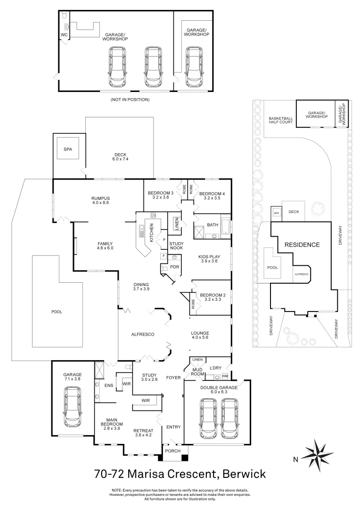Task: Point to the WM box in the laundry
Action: tap(224, 375)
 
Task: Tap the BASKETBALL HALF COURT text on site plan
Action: tap(281, 120)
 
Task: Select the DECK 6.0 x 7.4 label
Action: tap(121, 156)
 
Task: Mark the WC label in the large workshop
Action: tap(64, 35)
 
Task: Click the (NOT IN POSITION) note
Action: tap(130, 99)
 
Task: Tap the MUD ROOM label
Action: tap(198, 372)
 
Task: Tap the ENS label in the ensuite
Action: tap(109, 385)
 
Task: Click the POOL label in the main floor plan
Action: tap(57, 312)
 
